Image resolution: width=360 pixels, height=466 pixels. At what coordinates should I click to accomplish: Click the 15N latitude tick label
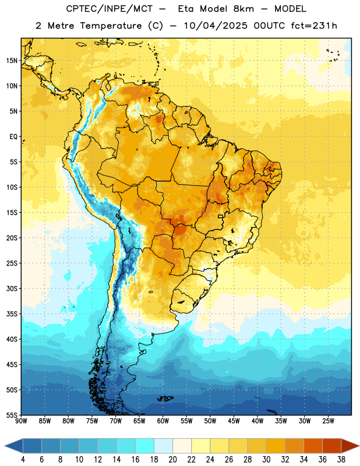point(12,61)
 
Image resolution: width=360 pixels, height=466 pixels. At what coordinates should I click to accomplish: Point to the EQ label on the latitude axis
point(13,137)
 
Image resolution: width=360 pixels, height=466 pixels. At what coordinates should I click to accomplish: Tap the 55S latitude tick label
point(12,415)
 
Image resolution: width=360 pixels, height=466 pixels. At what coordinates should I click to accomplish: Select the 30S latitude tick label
point(12,288)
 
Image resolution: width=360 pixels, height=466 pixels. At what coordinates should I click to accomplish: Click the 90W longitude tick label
point(21,421)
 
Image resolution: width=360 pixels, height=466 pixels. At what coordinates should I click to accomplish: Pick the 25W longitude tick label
point(328,421)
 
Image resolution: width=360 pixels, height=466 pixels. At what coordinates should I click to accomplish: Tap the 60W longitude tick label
point(163,421)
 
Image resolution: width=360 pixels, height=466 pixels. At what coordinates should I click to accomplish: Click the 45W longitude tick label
point(234,421)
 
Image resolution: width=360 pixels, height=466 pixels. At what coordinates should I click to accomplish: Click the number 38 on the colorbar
point(341,460)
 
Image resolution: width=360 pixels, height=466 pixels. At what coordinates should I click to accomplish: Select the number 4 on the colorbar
point(23,460)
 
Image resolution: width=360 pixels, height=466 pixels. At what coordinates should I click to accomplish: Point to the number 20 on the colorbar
point(172,460)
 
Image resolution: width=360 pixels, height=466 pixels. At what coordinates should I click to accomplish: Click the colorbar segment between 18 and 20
point(164,446)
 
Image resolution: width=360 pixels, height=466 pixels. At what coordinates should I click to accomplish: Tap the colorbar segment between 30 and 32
point(276,446)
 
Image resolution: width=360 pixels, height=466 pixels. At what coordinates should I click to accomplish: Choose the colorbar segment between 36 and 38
point(332,446)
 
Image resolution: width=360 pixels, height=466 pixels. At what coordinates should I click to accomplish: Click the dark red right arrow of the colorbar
point(350,446)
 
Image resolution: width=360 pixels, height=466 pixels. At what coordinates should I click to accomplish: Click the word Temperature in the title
point(111,26)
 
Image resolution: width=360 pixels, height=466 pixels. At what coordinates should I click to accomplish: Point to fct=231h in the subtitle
point(314,26)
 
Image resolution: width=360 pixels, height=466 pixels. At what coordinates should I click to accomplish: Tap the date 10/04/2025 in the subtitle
point(215,26)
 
